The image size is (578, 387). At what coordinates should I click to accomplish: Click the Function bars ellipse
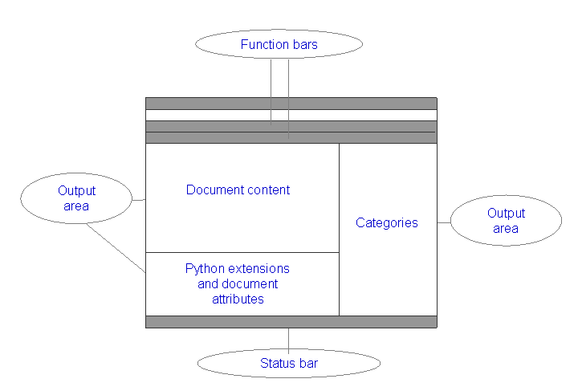pyautogui.click(x=279, y=44)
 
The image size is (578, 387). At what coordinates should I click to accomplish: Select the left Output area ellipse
pyautogui.click(x=76, y=199)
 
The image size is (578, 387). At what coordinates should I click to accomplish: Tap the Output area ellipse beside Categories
pyautogui.click(x=506, y=221)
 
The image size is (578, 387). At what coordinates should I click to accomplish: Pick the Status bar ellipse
pyautogui.click(x=288, y=364)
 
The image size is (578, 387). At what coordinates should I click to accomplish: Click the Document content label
pyautogui.click(x=238, y=190)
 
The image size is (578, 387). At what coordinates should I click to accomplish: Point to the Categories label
pyautogui.click(x=386, y=223)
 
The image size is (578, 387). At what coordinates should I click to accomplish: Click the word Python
pyautogui.click(x=204, y=268)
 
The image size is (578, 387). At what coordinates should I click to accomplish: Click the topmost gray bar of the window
pyautogui.click(x=291, y=103)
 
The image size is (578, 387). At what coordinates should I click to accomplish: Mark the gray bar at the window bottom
pyautogui.click(x=291, y=321)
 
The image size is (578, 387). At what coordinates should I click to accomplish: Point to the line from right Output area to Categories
pyautogui.click(x=443, y=222)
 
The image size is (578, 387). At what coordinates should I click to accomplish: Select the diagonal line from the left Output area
pyautogui.click(x=116, y=248)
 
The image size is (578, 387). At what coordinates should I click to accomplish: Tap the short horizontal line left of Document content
pyautogui.click(x=138, y=200)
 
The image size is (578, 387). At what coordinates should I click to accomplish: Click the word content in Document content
pyautogui.click(x=268, y=190)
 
